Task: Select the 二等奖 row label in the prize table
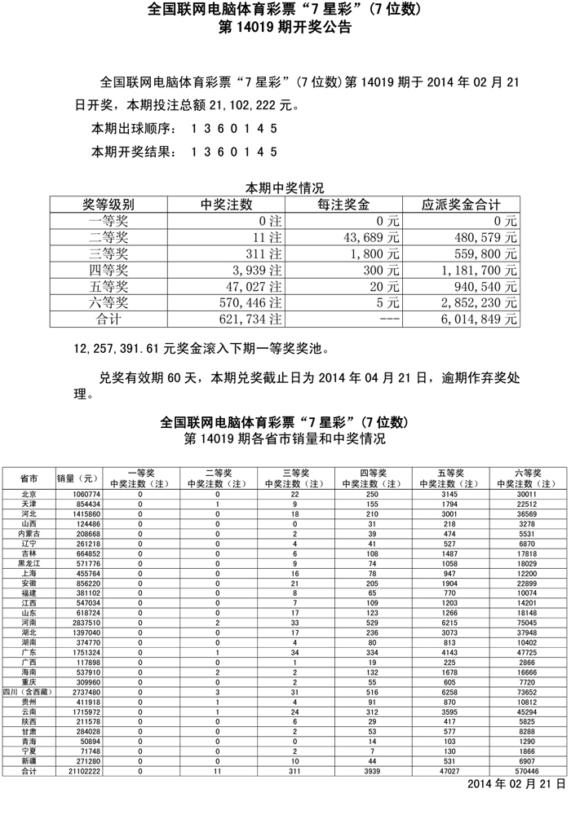[108, 237]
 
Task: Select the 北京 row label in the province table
[29, 494]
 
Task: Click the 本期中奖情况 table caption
[285, 187]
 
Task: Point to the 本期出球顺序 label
[133, 129]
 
